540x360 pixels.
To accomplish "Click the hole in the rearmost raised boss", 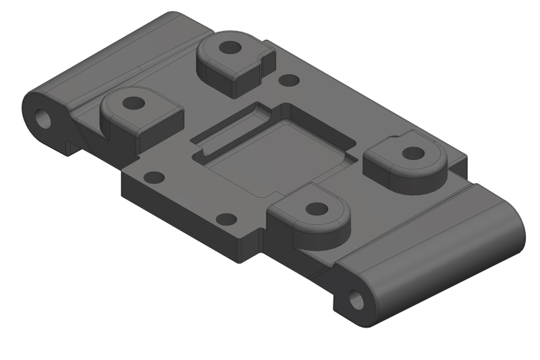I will pyautogui.click(x=231, y=48).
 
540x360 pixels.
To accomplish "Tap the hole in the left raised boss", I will pyautogui.click(x=134, y=103).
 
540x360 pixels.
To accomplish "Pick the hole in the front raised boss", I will pyautogui.click(x=314, y=209).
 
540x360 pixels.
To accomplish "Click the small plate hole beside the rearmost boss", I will pyautogui.click(x=289, y=80).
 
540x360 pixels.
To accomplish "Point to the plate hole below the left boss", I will pyautogui.click(x=155, y=178).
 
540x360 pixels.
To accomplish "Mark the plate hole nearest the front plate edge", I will pyautogui.click(x=226, y=219).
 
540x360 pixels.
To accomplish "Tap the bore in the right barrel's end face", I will pyautogui.click(x=356, y=298).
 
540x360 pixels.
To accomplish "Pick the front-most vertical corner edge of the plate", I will pyautogui.click(x=238, y=250).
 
